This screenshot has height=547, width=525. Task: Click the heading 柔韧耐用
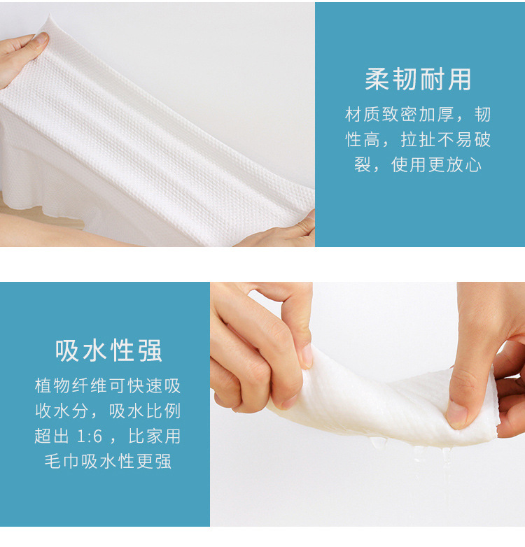point(418,80)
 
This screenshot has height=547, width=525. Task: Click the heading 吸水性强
point(108,350)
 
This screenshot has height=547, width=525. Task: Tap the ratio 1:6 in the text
point(90,436)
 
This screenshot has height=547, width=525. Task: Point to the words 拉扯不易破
point(446,139)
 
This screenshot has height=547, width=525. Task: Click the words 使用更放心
point(436,164)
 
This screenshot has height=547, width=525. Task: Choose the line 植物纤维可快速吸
point(108,386)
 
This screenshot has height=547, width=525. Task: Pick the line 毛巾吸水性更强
point(108,461)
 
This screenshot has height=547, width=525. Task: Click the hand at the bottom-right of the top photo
point(279,232)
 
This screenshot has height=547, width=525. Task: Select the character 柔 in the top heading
point(377,80)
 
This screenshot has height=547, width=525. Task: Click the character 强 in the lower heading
point(150,350)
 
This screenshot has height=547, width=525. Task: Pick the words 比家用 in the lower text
point(154,436)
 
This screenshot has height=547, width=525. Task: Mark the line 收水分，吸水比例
point(108,411)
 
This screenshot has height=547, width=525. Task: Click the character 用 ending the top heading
point(460,80)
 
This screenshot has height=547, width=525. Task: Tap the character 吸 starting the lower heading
point(67,350)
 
